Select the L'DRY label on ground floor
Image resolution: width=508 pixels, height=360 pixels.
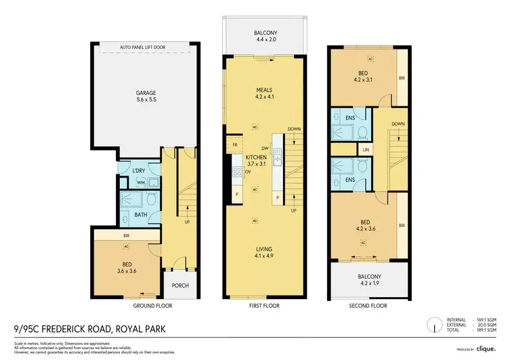(x=140, y=169)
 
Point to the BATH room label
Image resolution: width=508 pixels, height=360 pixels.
(x=141, y=215)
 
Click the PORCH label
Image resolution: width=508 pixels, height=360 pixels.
(x=180, y=285)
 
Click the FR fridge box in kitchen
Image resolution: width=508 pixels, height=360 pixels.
(x=234, y=145)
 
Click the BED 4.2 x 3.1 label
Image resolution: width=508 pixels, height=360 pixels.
(x=364, y=77)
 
